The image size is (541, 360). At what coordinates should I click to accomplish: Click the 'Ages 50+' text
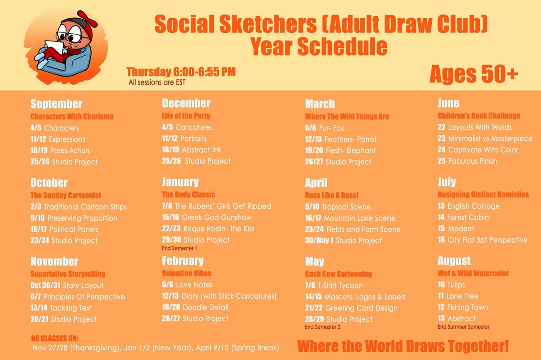(x=474, y=74)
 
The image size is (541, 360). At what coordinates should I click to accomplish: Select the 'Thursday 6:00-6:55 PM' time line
(x=181, y=72)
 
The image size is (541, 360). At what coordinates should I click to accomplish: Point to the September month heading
(x=56, y=104)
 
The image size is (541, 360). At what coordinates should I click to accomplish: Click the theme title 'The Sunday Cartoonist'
(x=66, y=195)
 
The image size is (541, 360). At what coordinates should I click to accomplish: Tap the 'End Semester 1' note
(x=179, y=248)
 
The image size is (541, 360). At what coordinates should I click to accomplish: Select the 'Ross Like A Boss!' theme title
(x=332, y=195)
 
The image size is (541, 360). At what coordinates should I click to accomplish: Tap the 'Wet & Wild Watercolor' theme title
(x=473, y=273)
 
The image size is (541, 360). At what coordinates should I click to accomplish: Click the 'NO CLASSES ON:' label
(x=55, y=338)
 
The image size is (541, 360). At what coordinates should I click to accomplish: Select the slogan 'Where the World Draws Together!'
(x=403, y=346)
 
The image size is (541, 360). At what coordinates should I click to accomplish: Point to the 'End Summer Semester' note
(x=463, y=327)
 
